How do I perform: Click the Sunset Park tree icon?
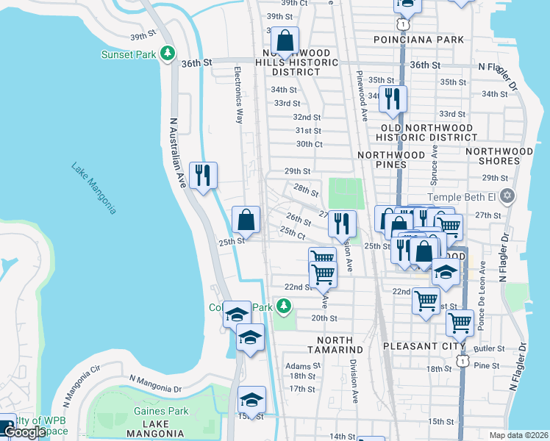point(168,54)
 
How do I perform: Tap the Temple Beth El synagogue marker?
point(506,197)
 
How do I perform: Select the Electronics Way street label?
point(238,95)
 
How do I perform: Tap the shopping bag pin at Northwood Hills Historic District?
point(285,40)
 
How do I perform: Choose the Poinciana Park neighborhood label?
point(418,39)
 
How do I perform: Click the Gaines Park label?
point(161,412)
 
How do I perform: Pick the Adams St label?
point(299,365)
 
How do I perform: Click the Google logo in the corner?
point(24,433)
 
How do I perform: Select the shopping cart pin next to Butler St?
point(460,322)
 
